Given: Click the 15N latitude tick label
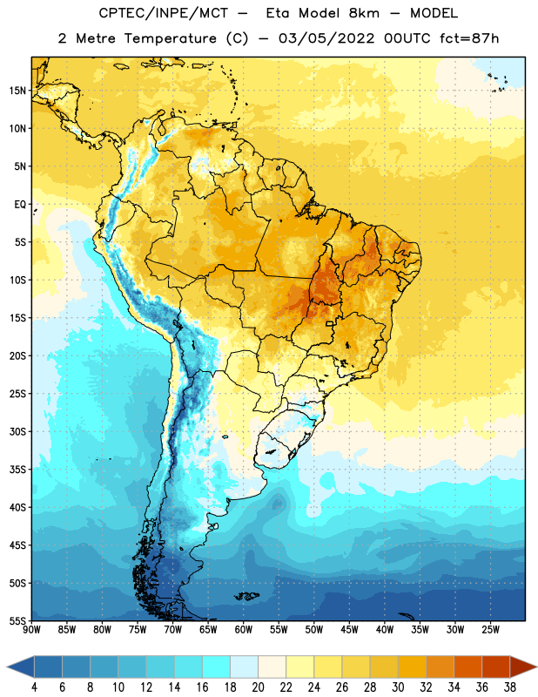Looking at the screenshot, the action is [x=17, y=91].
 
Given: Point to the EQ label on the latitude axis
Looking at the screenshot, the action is [x=20, y=205].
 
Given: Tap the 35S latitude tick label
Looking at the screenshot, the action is [x=17, y=470].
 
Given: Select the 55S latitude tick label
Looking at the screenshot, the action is [x=17, y=620].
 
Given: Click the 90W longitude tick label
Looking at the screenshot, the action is [x=31, y=630].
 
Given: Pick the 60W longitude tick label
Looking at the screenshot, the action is [x=244, y=630].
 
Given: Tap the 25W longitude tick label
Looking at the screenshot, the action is [x=490, y=630].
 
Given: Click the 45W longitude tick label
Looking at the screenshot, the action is [x=349, y=630].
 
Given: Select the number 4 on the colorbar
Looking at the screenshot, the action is [x=34, y=687].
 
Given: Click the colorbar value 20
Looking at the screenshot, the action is [x=258, y=687].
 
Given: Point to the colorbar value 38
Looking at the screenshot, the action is [x=510, y=687].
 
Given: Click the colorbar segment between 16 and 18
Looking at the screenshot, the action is [x=216, y=667].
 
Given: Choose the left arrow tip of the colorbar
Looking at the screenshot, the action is [x=7, y=667].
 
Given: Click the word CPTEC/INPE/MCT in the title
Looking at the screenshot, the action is [x=163, y=14].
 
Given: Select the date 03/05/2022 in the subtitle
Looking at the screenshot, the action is [x=326, y=38].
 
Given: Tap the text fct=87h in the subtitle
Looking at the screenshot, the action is [x=469, y=38].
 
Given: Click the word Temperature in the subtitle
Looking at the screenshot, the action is [x=170, y=38].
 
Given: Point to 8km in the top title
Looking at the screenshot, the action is [x=364, y=14].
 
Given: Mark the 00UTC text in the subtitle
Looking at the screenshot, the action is [x=407, y=38].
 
